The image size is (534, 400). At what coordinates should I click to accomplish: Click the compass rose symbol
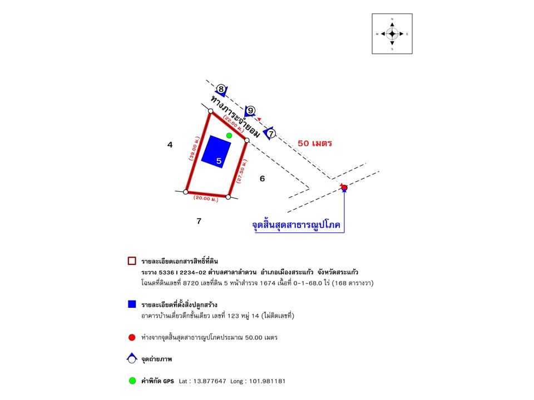[x=392, y=34]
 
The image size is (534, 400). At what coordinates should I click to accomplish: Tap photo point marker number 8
[x=221, y=89]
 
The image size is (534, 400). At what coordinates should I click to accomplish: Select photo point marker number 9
[x=251, y=111]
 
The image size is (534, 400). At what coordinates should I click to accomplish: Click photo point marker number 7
[x=271, y=133]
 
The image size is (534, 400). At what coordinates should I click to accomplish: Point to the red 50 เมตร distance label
[x=315, y=143]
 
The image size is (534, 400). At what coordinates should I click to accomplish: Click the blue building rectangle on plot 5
[x=216, y=151]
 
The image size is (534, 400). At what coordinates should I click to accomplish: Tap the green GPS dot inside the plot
[x=229, y=135]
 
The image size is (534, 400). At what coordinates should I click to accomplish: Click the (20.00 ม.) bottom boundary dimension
[x=206, y=197]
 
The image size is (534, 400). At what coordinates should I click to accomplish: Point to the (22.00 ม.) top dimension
[x=233, y=122]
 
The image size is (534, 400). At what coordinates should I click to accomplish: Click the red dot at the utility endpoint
[x=344, y=188]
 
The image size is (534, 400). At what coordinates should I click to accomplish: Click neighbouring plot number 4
[x=170, y=145]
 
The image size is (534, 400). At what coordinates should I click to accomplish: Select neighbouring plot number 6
[x=262, y=178]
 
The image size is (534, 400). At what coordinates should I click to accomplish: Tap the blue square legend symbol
[x=132, y=304]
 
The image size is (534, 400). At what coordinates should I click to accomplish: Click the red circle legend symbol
[x=132, y=337]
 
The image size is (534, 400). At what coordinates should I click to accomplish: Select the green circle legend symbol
[x=132, y=381]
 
